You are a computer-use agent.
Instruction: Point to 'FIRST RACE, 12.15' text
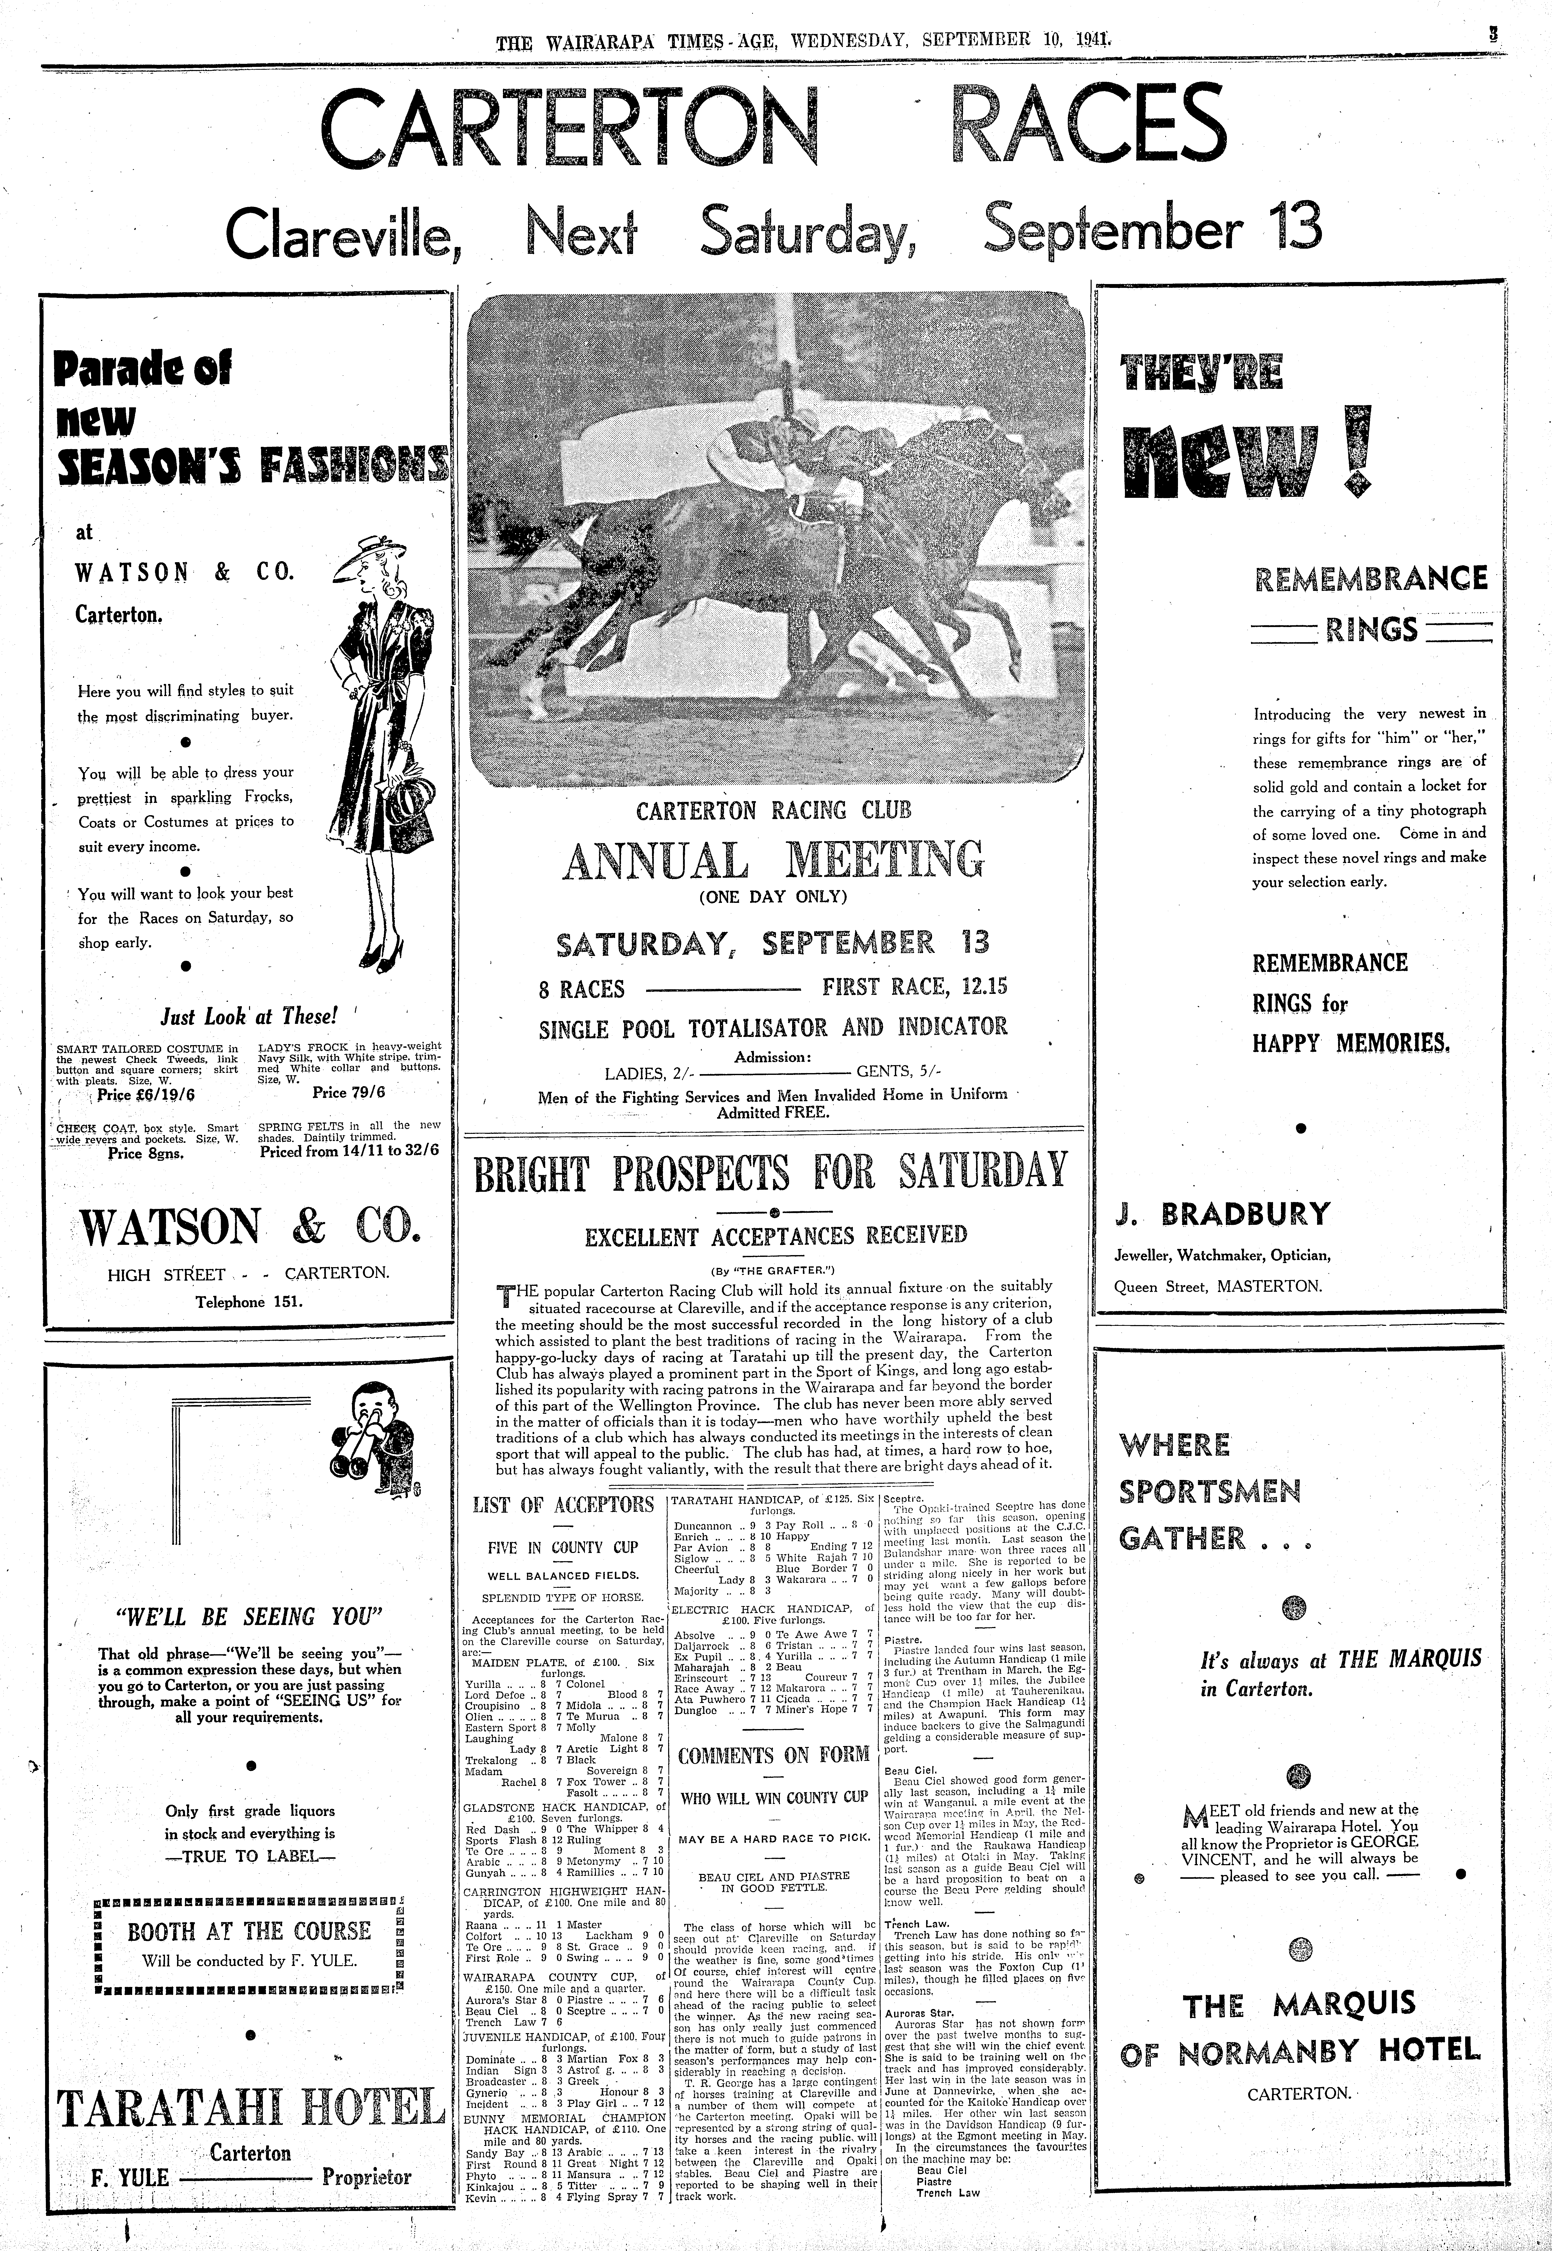point(914,987)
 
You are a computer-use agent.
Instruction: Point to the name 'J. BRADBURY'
point(1222,1214)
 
